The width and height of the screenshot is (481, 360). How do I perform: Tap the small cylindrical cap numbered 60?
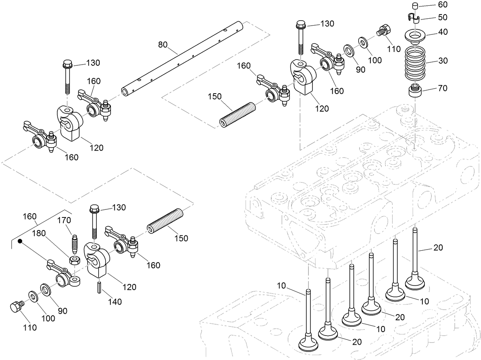click(415, 5)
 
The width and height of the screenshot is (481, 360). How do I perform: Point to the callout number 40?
click(443, 32)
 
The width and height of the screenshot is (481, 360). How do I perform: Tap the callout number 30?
click(443, 61)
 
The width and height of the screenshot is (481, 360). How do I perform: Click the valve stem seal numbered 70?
click(415, 92)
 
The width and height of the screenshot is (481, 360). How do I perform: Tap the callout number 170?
click(64, 220)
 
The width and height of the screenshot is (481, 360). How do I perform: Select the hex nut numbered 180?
click(74, 261)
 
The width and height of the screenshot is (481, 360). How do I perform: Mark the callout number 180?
click(38, 233)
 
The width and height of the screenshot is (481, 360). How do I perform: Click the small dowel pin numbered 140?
click(99, 287)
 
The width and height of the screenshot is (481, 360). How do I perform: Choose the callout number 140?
click(114, 302)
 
